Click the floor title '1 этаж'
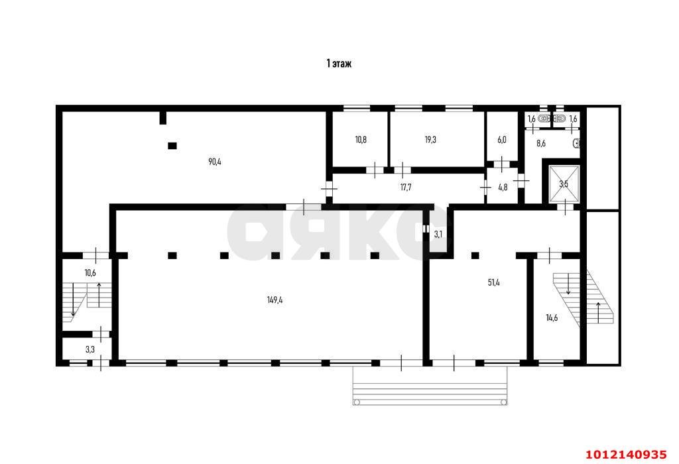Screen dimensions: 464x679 click(x=338, y=64)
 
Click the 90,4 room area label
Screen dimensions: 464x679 click(x=214, y=162)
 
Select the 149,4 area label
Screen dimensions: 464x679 click(x=275, y=300)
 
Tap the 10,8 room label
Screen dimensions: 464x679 click(x=360, y=140)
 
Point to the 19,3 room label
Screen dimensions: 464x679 click(x=430, y=140)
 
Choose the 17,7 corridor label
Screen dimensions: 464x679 click(x=406, y=188)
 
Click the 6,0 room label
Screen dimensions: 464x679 click(x=502, y=140)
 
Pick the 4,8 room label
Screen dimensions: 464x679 click(x=503, y=188)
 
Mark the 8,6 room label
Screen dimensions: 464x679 click(x=540, y=143)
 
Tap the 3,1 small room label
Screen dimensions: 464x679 click(x=438, y=234)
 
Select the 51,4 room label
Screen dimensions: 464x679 click(x=494, y=282)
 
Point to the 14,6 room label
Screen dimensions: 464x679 click(x=552, y=318)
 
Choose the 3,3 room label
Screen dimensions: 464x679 click(x=90, y=348)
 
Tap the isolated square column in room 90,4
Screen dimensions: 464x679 click(x=172, y=146)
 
